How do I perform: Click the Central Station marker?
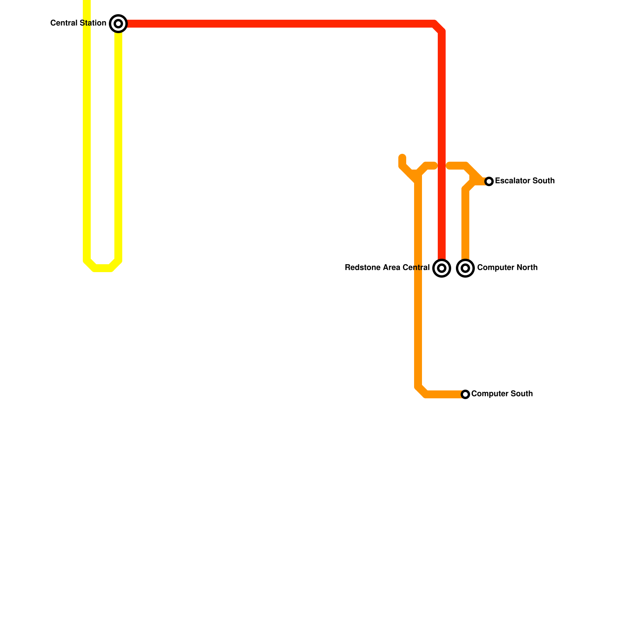[x=118, y=24]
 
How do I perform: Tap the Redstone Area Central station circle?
[x=442, y=268]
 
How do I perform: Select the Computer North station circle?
[x=465, y=268]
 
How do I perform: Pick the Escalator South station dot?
[x=489, y=181]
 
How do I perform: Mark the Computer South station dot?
[x=465, y=394]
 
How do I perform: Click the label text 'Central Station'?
[x=78, y=23]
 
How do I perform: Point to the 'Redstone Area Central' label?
[x=387, y=268]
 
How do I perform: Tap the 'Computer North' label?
[x=507, y=268]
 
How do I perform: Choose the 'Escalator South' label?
[x=525, y=181]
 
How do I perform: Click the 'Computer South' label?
[x=502, y=394]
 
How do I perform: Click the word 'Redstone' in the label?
[x=360, y=268]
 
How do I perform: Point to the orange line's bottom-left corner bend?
[x=420, y=391]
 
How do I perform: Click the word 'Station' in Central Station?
[x=93, y=23]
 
